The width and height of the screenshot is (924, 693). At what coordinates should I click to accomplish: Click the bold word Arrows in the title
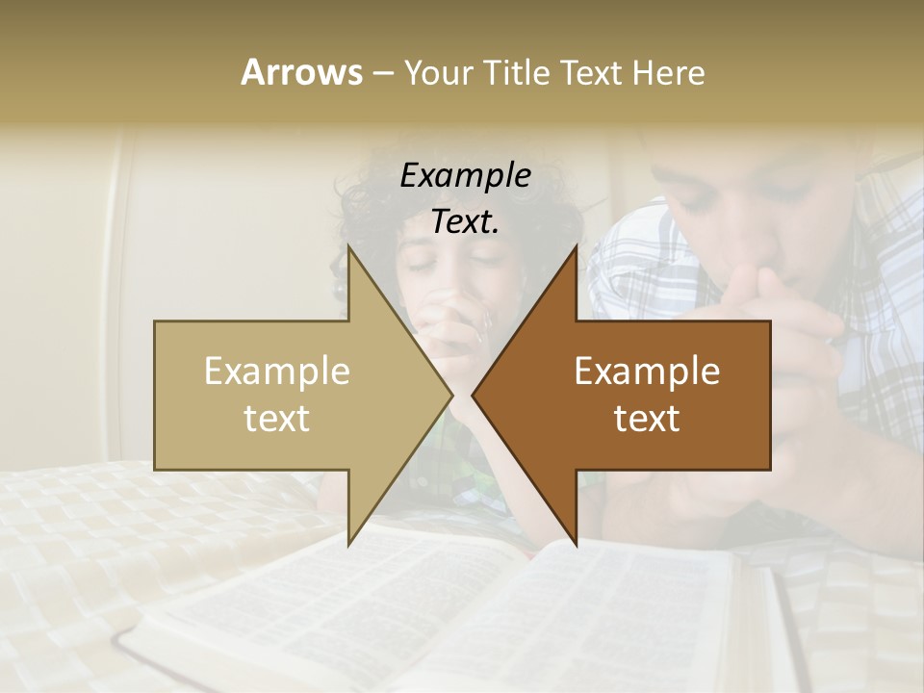tap(301, 72)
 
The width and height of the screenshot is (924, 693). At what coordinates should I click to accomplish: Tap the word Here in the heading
tap(669, 72)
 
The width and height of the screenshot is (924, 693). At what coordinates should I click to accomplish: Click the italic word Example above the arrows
tap(465, 175)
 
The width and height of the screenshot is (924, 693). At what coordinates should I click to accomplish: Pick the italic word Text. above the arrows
tap(465, 221)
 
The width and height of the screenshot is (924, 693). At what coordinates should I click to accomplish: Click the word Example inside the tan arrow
tap(277, 371)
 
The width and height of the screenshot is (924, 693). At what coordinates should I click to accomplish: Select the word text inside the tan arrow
tap(277, 418)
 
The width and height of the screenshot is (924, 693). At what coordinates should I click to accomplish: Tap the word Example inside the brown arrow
tap(647, 371)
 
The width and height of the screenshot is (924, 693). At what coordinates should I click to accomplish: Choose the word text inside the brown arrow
tap(647, 418)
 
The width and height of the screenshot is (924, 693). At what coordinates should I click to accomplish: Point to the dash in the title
tap(382, 73)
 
